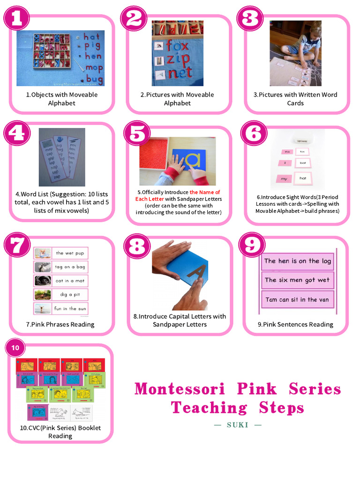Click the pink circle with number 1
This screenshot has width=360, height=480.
17,18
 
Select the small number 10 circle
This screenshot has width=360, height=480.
16,348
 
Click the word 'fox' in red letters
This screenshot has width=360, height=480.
177,46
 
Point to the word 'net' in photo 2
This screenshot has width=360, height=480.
180,72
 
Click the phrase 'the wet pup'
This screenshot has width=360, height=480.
70,253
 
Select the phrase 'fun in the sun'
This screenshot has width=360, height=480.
70,308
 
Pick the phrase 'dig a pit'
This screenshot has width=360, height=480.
69,295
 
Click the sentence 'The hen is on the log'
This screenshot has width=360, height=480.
297,261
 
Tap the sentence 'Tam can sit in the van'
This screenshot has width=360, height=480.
297,300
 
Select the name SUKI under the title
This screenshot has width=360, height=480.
238,425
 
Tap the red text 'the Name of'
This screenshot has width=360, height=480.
205,192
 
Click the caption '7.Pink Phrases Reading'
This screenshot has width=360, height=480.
60,324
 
